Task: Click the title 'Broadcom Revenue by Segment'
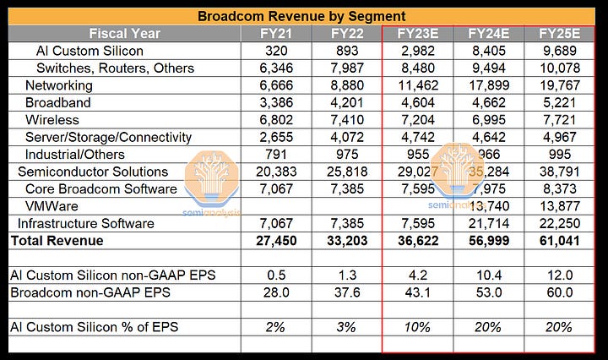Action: [301, 16]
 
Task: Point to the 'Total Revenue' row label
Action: [57, 241]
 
